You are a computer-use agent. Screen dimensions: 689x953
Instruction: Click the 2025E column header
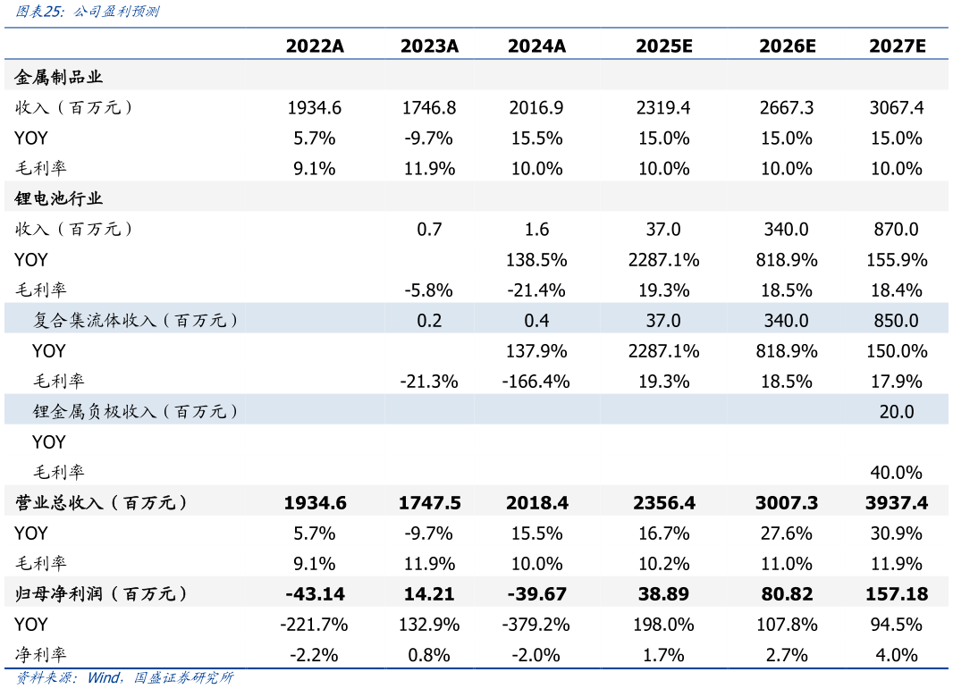coord(663,46)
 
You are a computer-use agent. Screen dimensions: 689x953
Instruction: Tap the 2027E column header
coord(896,46)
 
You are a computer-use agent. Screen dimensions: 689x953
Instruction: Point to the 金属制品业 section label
coord(59,78)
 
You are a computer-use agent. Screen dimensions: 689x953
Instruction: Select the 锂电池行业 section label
coord(59,198)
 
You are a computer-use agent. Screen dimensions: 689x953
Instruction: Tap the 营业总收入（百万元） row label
coord(102,503)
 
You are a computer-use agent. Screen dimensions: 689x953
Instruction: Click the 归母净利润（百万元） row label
coord(102,594)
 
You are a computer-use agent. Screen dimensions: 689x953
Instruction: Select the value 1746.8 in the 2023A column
coord(429,108)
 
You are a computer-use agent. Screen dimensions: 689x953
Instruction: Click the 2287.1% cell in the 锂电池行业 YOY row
coord(663,260)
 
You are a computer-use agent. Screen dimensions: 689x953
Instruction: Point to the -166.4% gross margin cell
coord(536,382)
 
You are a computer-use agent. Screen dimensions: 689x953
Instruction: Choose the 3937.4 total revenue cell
coord(896,503)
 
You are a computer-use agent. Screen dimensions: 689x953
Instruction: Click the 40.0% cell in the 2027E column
coord(896,473)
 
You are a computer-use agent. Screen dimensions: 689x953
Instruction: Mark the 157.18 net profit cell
coord(896,594)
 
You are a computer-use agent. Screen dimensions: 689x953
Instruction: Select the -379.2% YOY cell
coord(536,625)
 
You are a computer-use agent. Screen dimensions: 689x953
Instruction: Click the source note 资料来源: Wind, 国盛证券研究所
coord(124,678)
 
